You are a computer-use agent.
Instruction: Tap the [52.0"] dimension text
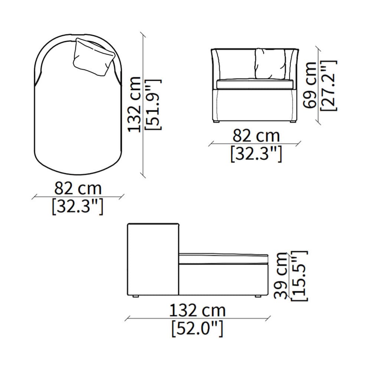(197, 328)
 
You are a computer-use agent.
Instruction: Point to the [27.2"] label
(328, 85)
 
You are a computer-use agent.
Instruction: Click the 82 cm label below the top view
(78, 188)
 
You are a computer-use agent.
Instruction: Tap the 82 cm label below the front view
(256, 135)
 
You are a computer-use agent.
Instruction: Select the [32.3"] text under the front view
(256, 154)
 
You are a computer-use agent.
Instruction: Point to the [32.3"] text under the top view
(78, 206)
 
